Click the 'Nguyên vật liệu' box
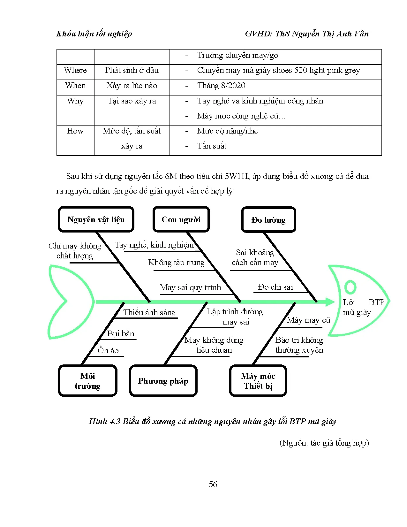tap(96, 219)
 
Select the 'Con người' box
tap(181, 219)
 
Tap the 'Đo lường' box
tap(268, 220)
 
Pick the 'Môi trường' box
tap(87, 381)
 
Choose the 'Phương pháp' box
tap(163, 381)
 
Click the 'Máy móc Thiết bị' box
tap(258, 381)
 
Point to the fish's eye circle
tap(350, 287)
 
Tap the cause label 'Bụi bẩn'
tap(121, 334)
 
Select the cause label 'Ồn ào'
tap(108, 351)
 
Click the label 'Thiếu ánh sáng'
tap(149, 312)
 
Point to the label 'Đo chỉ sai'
tap(275, 287)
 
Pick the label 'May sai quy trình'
tap(190, 287)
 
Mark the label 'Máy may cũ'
tap(308, 320)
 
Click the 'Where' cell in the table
tap(75, 70)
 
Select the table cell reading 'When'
tap(75, 86)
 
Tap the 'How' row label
tap(75, 131)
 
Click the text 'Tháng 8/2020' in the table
tap(221, 86)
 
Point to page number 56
tap(213, 484)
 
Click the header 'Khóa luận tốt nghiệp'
tap(94, 34)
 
